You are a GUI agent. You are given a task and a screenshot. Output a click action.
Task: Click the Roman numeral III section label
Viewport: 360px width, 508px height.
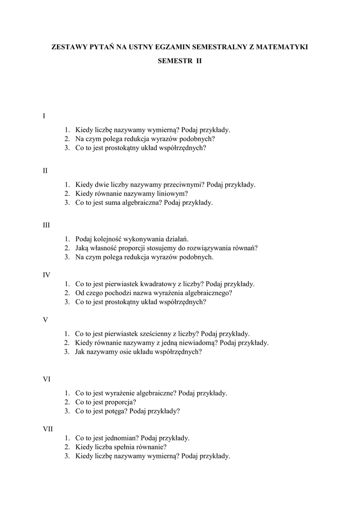[x=46, y=225]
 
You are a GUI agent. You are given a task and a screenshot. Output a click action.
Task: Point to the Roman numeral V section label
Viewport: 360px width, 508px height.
[x=45, y=320]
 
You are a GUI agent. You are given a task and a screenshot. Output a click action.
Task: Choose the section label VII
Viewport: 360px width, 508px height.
[x=48, y=429]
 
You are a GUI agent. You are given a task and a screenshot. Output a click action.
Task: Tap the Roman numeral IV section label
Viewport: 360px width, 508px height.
[x=46, y=274]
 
